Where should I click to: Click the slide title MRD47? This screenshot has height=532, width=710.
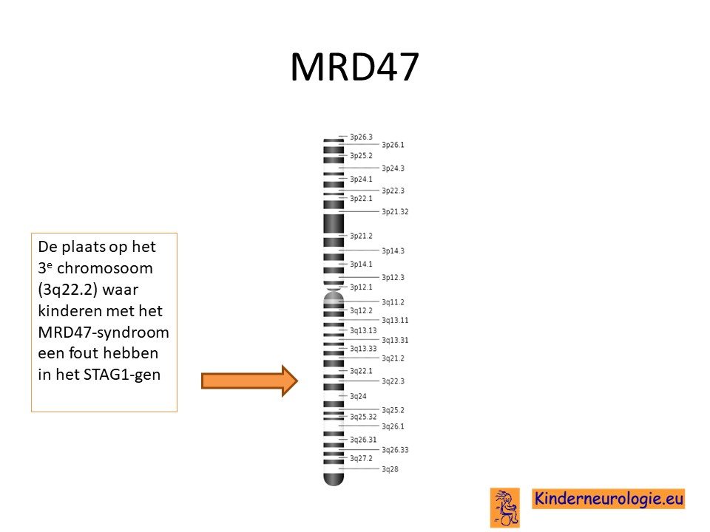(x=354, y=67)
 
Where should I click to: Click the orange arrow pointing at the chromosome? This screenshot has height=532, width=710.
(x=249, y=381)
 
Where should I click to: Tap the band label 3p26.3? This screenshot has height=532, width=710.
(x=361, y=137)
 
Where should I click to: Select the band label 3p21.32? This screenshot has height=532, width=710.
(x=395, y=212)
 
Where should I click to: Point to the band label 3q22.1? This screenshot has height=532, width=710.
(x=361, y=371)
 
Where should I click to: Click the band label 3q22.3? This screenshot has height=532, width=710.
(x=393, y=381)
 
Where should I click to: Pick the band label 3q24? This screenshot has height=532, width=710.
(x=358, y=396)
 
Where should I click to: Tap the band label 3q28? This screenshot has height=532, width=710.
(x=390, y=469)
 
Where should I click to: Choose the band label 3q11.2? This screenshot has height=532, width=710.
(x=393, y=302)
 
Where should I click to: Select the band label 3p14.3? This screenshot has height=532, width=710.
(x=393, y=250)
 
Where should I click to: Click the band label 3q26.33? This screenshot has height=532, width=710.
(x=395, y=450)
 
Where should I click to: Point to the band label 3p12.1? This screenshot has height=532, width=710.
(x=361, y=287)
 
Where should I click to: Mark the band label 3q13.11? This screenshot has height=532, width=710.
(x=395, y=320)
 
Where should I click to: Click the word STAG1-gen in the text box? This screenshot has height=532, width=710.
(x=122, y=375)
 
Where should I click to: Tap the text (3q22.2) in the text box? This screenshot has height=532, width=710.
(x=67, y=290)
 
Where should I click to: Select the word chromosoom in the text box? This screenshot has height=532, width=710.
(x=105, y=268)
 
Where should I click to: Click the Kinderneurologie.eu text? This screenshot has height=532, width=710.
(x=608, y=499)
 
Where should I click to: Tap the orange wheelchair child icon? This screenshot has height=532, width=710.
(x=505, y=508)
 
